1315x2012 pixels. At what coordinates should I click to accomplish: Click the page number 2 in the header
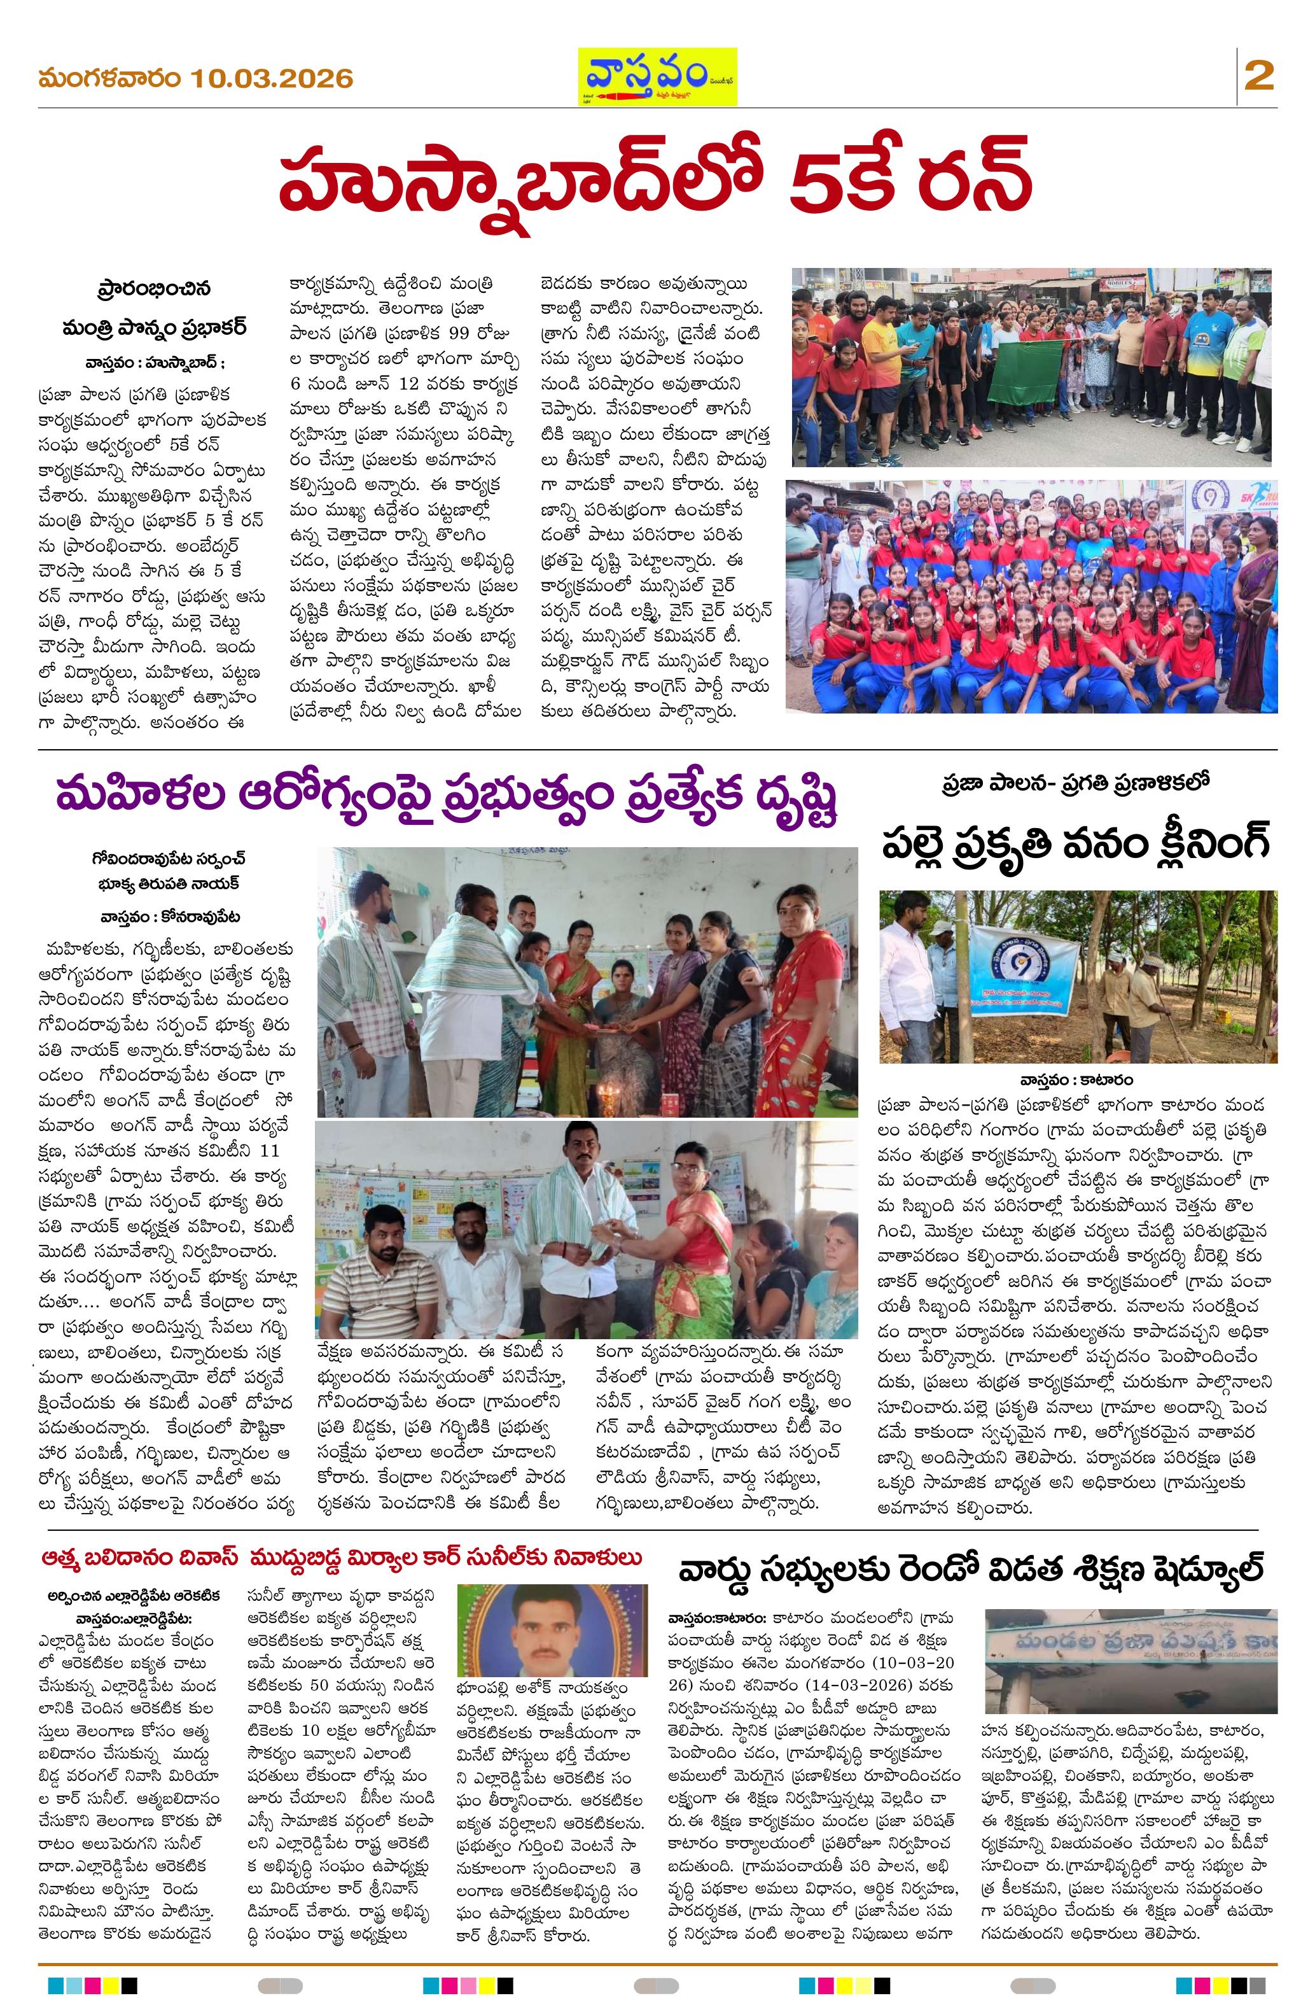tap(1258, 77)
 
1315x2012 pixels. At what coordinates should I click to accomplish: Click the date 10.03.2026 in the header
tap(271, 79)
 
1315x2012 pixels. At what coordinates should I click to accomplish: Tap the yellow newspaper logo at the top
tap(657, 76)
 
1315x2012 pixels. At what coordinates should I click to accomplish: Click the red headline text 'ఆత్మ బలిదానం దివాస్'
tap(141, 1556)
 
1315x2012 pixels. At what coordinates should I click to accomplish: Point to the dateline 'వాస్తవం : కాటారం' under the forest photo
tap(1076, 1080)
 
